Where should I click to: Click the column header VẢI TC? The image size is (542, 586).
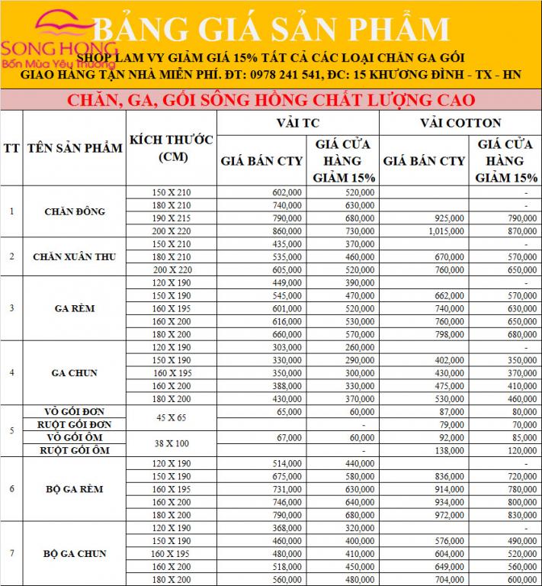297,122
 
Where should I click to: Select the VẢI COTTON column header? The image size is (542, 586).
460,122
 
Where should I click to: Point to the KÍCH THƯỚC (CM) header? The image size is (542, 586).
170,148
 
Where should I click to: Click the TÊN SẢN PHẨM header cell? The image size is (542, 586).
74,148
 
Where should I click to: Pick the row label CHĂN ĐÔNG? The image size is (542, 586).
74,211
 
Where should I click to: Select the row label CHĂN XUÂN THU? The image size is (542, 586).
74,256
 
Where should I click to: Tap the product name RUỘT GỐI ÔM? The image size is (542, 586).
74,451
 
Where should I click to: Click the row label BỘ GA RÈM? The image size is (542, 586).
74,488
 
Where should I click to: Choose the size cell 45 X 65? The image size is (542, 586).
170,417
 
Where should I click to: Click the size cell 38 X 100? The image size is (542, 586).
170,443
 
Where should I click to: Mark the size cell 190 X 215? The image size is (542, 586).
170,218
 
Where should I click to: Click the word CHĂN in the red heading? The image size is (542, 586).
88,100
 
